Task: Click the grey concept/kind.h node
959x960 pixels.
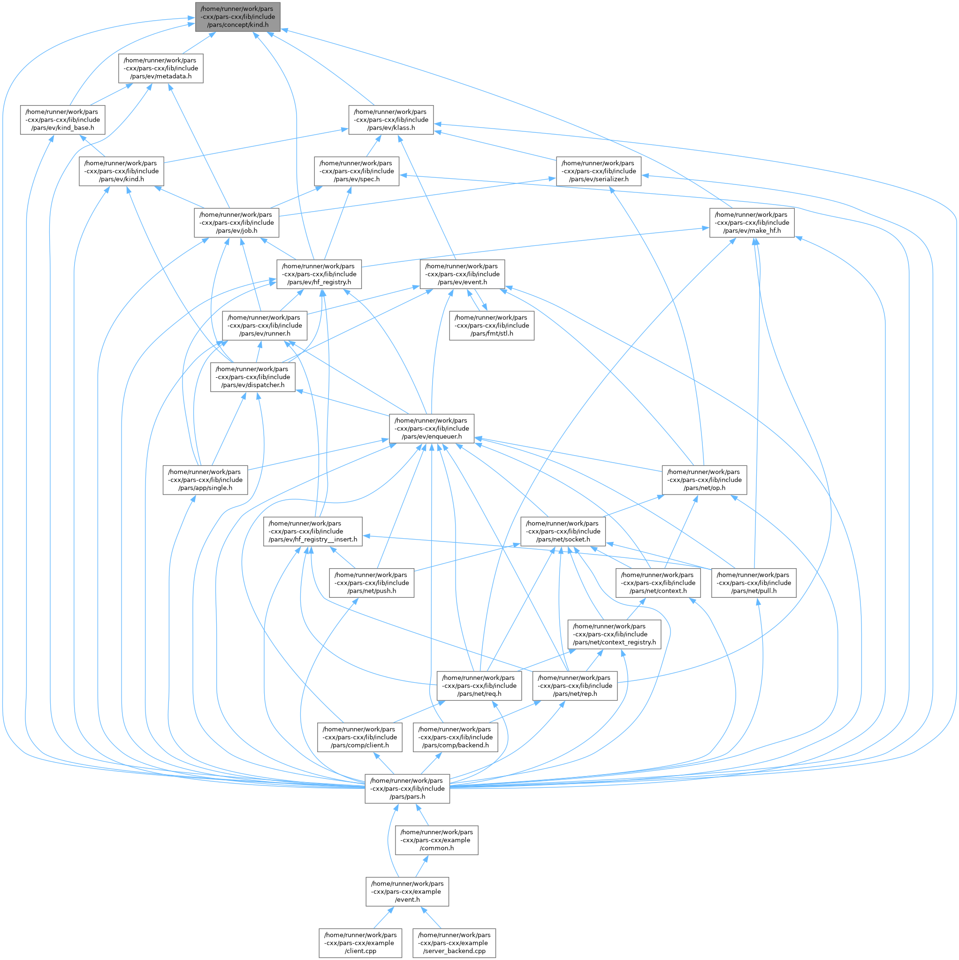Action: click(x=237, y=17)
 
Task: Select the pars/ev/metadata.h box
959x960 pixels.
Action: click(x=160, y=69)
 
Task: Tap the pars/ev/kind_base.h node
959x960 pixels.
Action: click(x=62, y=120)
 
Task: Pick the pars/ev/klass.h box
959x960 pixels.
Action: click(x=390, y=120)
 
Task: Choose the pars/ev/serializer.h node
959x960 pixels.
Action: click(x=598, y=171)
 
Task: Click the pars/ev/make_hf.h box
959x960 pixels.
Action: click(x=751, y=222)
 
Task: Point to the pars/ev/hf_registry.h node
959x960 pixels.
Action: click(x=319, y=274)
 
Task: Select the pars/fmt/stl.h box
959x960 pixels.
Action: click(x=491, y=326)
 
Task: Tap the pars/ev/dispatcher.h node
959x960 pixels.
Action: click(x=252, y=377)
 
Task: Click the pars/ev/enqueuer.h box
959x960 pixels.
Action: click(x=431, y=428)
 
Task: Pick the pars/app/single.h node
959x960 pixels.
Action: click(x=205, y=480)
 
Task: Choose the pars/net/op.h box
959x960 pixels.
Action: click(x=704, y=480)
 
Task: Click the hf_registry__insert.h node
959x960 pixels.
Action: click(x=312, y=531)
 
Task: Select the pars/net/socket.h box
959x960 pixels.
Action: click(x=563, y=531)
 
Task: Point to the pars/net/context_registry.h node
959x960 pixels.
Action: click(x=614, y=634)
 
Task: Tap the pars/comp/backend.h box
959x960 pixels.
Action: click(x=455, y=738)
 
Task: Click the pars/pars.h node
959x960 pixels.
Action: click(x=407, y=789)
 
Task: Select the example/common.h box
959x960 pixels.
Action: click(x=436, y=840)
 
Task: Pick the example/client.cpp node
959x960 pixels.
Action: click(x=360, y=943)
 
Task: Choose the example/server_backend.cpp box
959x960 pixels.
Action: click(x=454, y=943)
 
